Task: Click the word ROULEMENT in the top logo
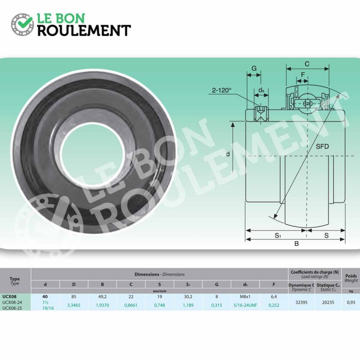(x=84, y=31)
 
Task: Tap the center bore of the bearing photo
(x=93, y=154)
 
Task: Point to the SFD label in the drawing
(x=322, y=146)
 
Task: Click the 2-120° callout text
(x=221, y=90)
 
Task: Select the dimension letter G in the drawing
(x=254, y=68)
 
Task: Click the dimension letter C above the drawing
(x=307, y=64)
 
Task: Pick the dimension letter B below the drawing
(x=297, y=243)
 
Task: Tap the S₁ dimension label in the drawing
(x=278, y=235)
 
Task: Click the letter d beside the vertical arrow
(x=228, y=154)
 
